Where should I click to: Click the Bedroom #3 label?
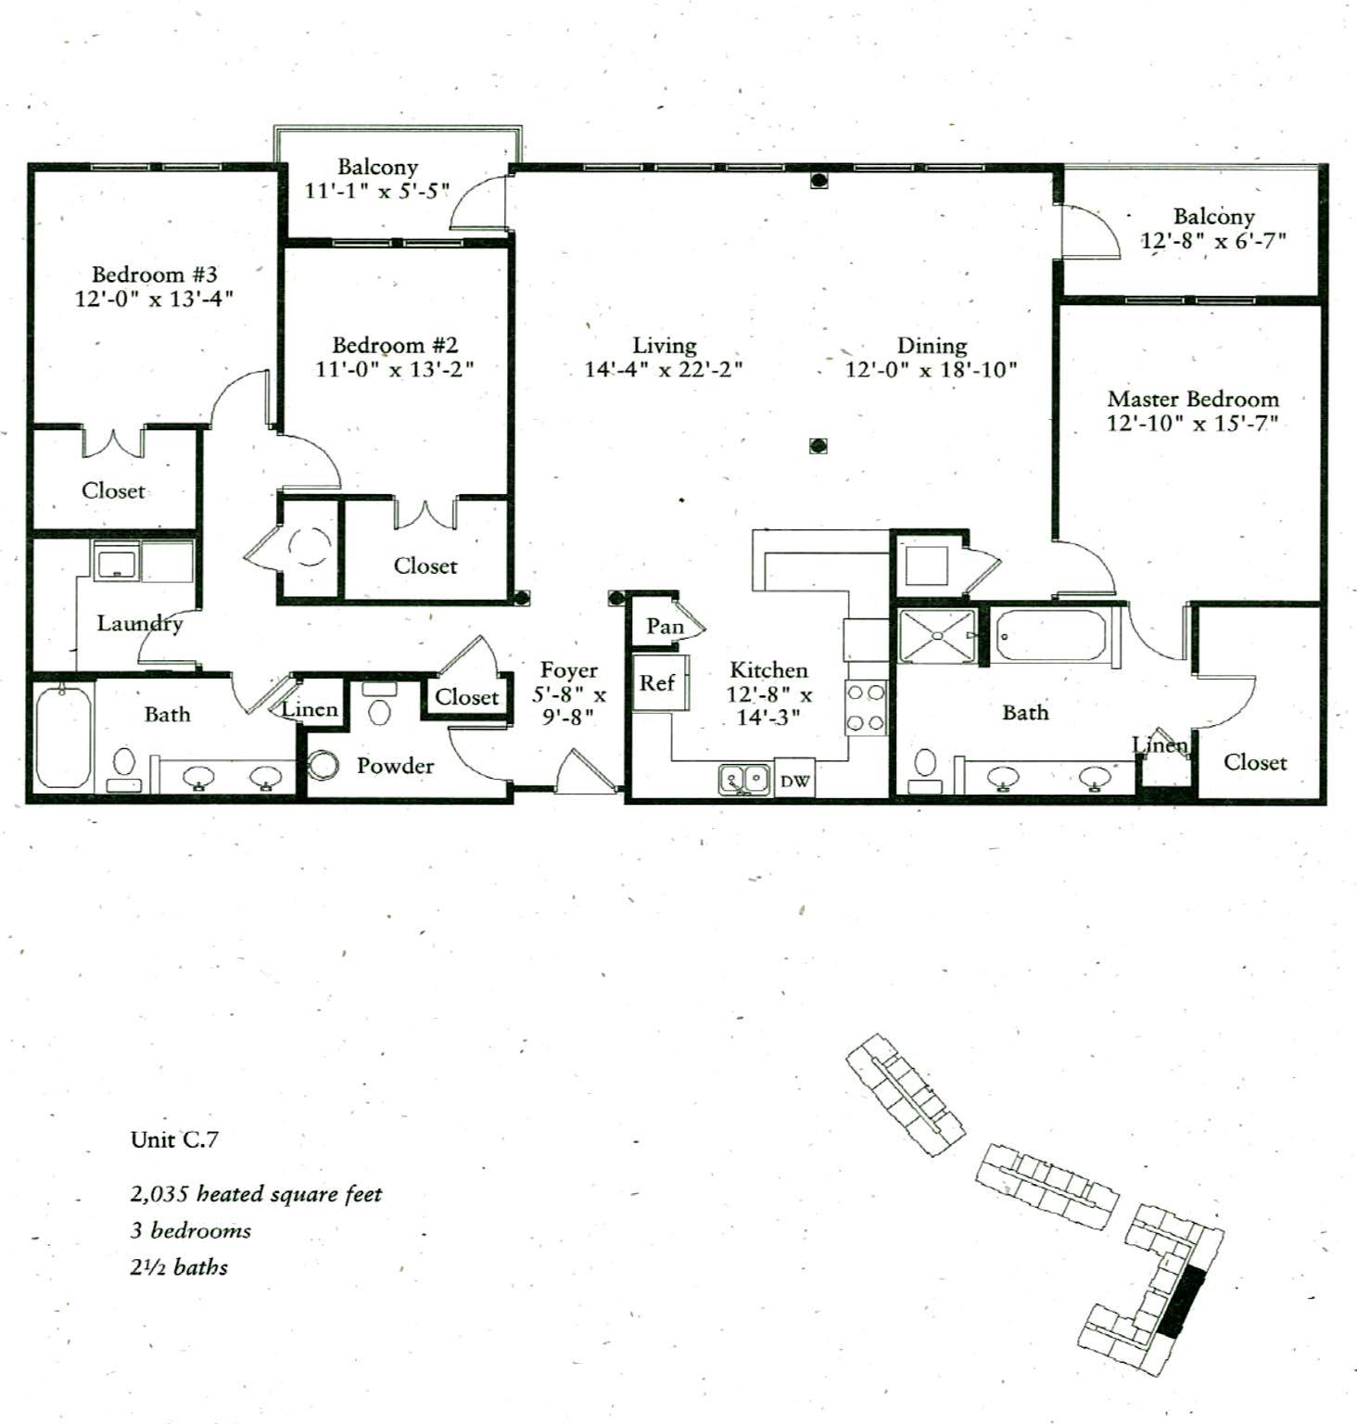pyautogui.click(x=154, y=274)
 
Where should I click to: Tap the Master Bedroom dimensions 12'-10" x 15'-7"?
pyautogui.click(x=1192, y=424)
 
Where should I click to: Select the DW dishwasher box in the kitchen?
pyautogui.click(x=794, y=781)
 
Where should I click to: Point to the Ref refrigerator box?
pyautogui.click(x=657, y=683)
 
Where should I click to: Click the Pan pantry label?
pyautogui.click(x=665, y=627)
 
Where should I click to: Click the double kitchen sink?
pyautogui.click(x=744, y=779)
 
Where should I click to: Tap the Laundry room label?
pyautogui.click(x=140, y=623)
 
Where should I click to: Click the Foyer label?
pyautogui.click(x=569, y=670)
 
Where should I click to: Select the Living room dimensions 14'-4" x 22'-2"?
pyautogui.click(x=664, y=369)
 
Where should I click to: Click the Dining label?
pyautogui.click(x=932, y=346)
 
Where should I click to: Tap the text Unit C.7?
pyautogui.click(x=174, y=1139)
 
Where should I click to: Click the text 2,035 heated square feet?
pyautogui.click(x=256, y=1194)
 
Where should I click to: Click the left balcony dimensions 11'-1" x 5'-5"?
pyautogui.click(x=377, y=191)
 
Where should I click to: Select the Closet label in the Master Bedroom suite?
pyautogui.click(x=1255, y=762)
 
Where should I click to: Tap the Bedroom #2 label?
pyautogui.click(x=395, y=345)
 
